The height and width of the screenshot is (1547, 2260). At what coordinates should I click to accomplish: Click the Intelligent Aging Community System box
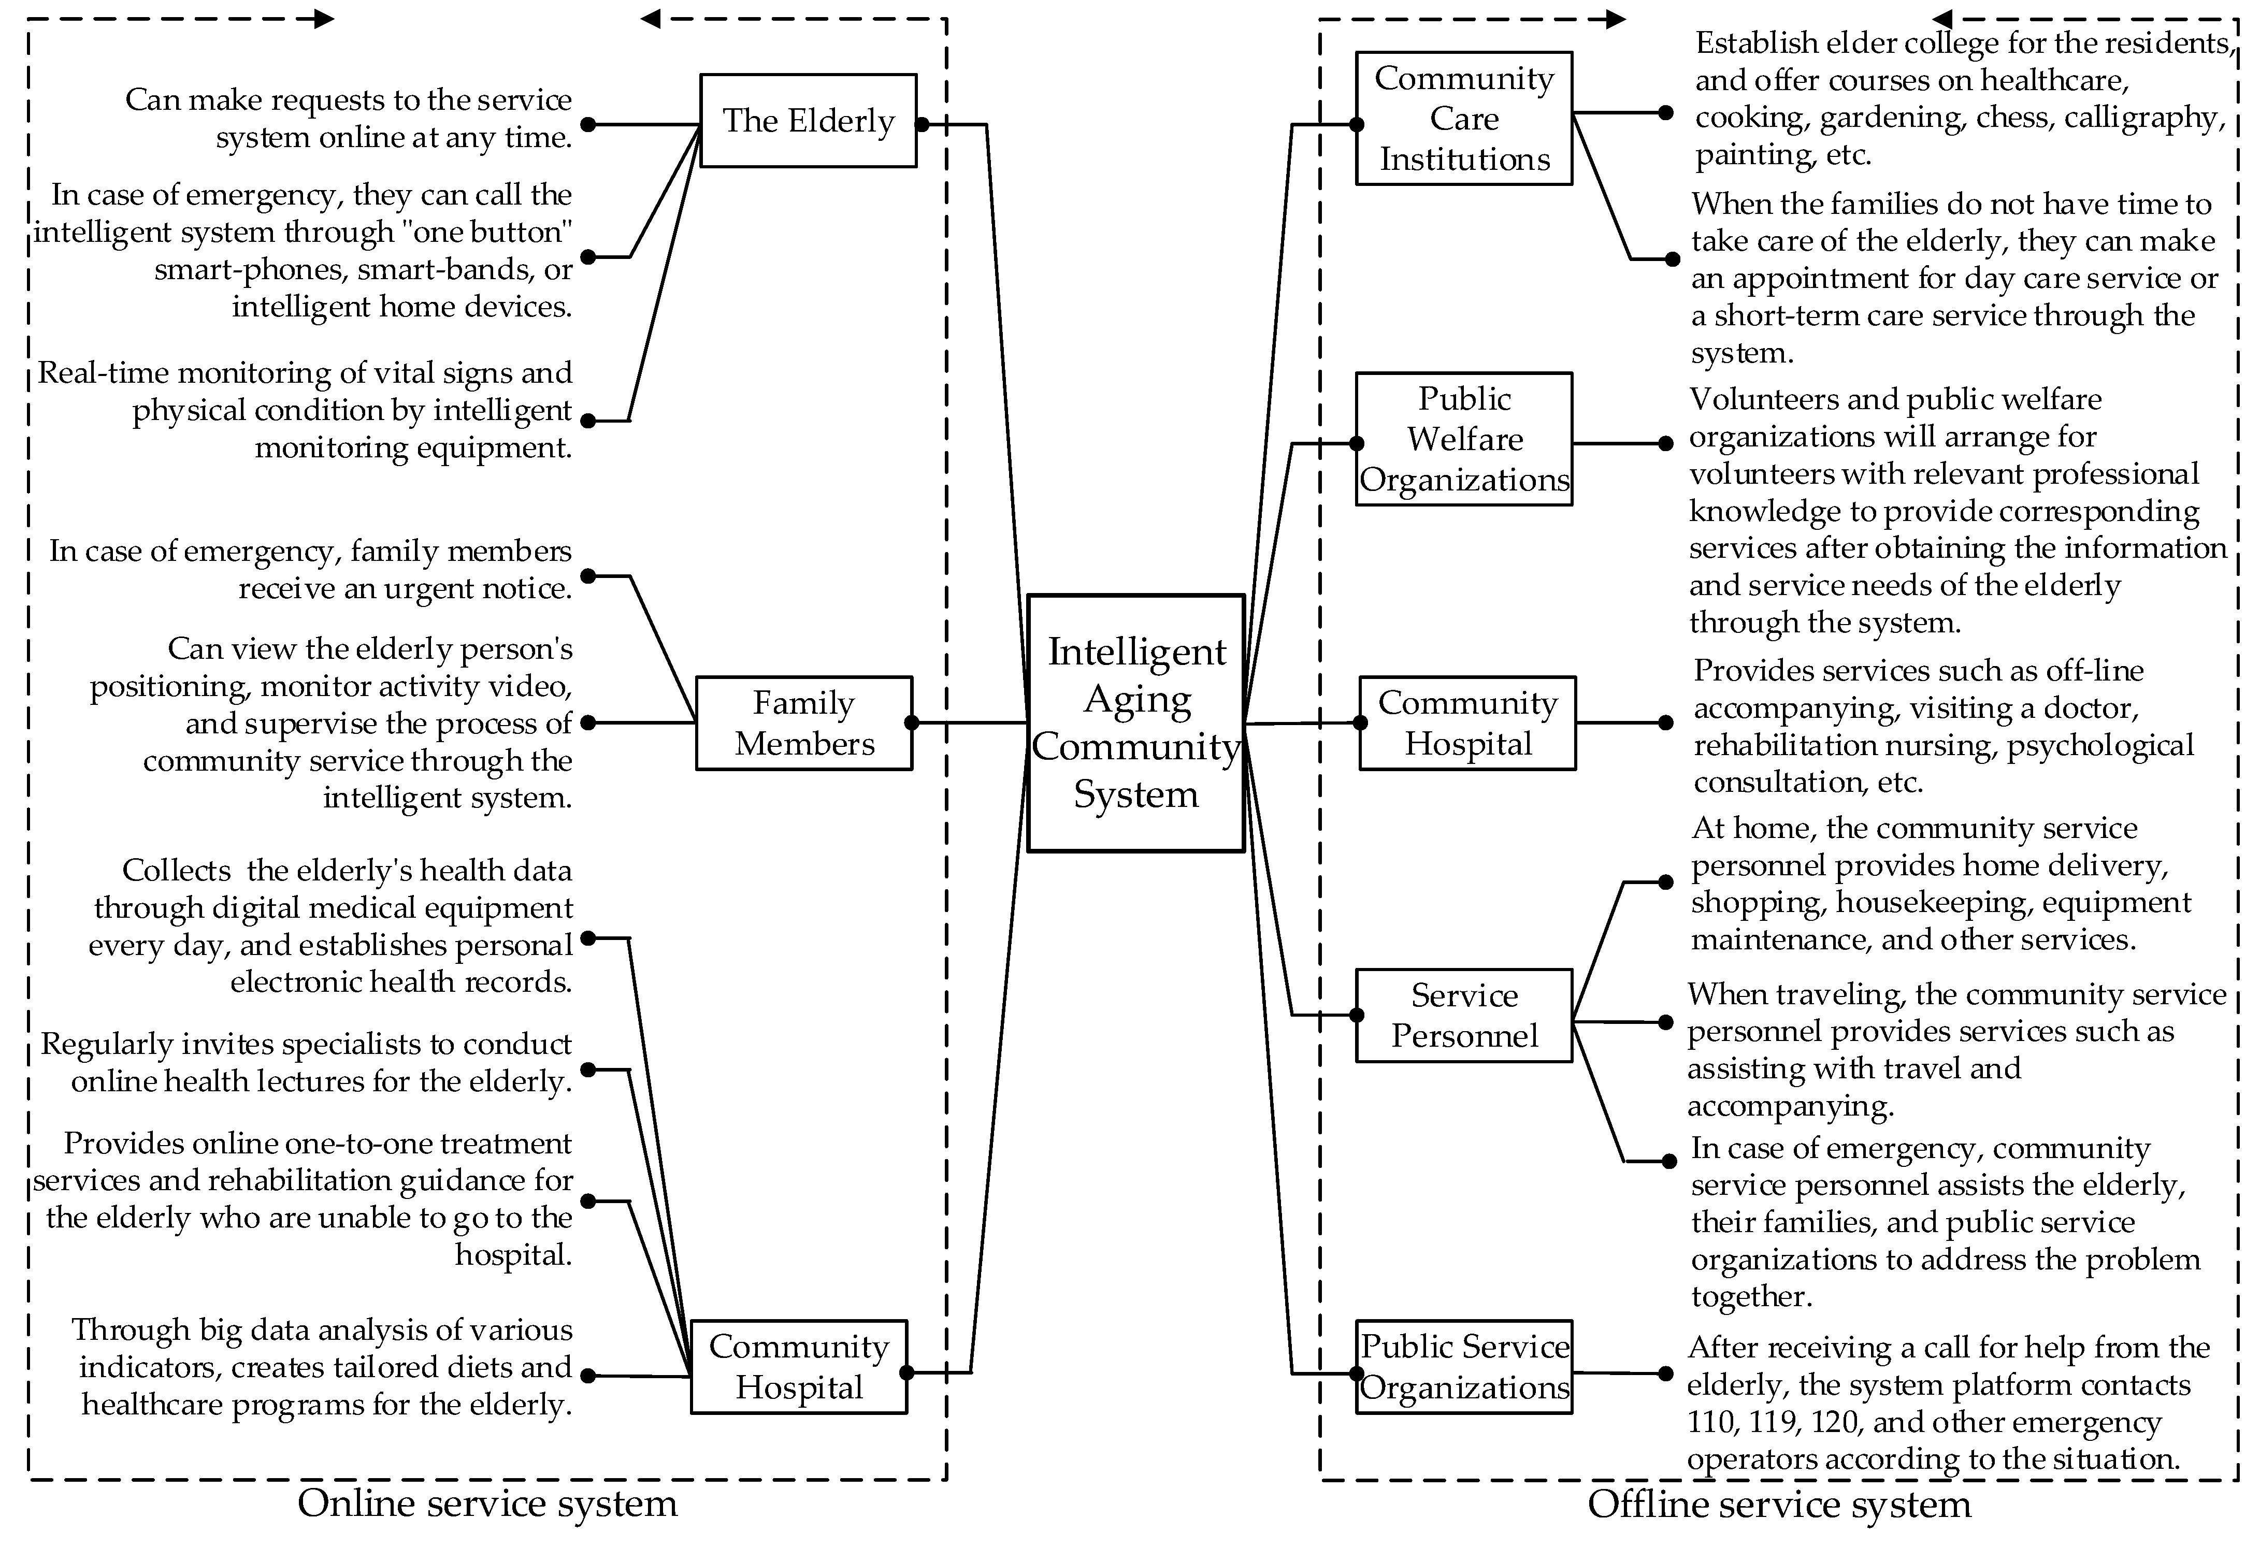1136,722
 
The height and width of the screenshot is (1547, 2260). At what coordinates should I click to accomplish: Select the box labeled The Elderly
808,121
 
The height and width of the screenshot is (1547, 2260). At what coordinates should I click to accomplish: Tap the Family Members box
804,722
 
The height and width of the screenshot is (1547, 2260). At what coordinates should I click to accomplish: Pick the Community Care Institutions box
1463,118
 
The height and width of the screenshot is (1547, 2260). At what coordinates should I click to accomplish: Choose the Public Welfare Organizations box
1463,439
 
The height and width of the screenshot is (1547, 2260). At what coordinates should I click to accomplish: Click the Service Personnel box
1463,1015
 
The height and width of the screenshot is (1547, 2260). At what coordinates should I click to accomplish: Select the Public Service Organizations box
1463,1366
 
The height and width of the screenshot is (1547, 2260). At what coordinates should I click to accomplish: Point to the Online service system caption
486,1503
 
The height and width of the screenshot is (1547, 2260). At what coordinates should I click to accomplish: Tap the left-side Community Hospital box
798,1366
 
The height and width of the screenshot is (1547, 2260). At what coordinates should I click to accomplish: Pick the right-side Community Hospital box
1467,722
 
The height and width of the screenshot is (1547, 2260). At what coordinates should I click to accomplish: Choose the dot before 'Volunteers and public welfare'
1665,443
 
